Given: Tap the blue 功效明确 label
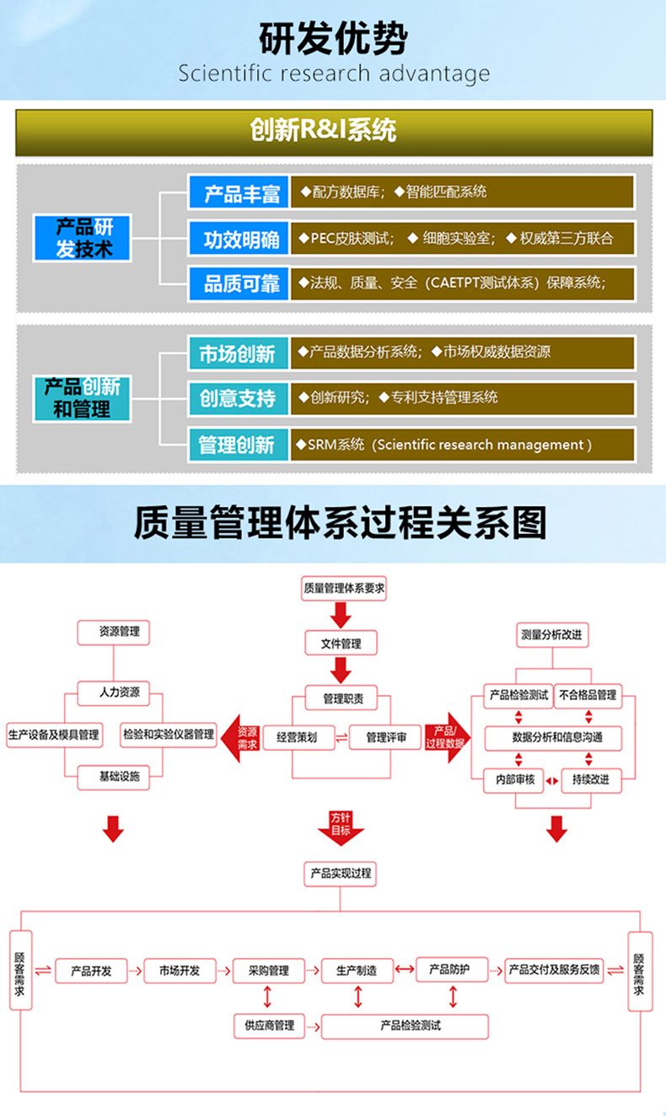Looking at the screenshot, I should coord(240,239).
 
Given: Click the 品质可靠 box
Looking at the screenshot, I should coord(240,283).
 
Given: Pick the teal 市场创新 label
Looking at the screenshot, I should coord(237,353).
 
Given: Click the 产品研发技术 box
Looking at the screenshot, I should coord(84,238).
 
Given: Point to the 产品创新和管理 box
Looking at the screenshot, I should coord(83,398).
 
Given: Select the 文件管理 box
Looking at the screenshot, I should coord(341,644).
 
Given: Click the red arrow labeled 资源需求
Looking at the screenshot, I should coord(243,737).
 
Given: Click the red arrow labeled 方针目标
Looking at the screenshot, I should coord(341,826).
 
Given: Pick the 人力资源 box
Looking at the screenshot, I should coord(120,693).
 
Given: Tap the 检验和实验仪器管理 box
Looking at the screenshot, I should coord(169,735).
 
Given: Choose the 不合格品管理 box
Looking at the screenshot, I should coord(588,695).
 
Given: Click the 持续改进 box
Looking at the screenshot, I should coord(590,780).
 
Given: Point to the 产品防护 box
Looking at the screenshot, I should coord(454,969).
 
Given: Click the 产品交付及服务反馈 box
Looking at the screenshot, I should coord(555,970).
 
